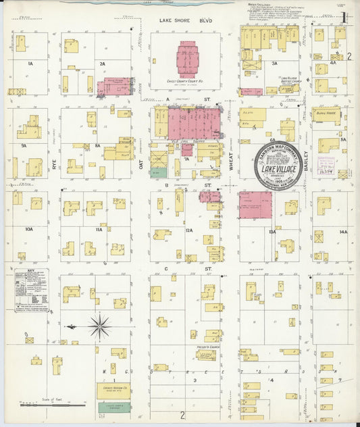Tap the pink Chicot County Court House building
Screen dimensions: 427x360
[x=188, y=59]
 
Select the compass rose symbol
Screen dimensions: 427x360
[x=99, y=326]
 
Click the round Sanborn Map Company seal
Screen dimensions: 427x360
[x=278, y=166]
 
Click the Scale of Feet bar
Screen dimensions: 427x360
[x=53, y=405]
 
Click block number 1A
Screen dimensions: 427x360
[x=30, y=63]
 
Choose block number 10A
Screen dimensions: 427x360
[x=28, y=230]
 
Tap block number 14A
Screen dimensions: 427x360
[x=343, y=232]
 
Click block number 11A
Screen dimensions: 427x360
[x=99, y=230]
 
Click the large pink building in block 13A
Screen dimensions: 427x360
[x=255, y=204]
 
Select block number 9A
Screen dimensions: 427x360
[x=24, y=145]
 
